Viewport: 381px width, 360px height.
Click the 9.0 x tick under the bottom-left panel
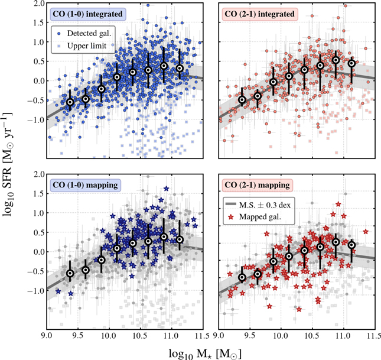click(x=45, y=338)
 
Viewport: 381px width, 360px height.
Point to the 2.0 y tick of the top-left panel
click(x=36, y=4)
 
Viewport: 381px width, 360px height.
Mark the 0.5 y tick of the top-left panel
click(x=36, y=61)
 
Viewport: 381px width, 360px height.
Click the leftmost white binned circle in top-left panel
click(x=70, y=102)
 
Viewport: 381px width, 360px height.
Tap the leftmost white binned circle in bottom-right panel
click(x=242, y=277)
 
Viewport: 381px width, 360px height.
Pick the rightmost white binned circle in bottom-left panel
click(x=180, y=239)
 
